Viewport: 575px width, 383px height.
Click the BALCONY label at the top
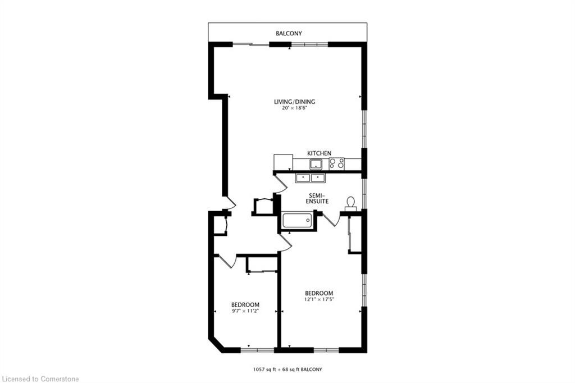(288, 34)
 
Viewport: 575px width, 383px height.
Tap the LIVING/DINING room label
(294, 102)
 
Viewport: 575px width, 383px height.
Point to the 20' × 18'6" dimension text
(294, 108)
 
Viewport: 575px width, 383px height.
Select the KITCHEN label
(319, 153)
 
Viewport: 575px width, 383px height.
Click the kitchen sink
(316, 164)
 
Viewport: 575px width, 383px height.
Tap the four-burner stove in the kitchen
(336, 163)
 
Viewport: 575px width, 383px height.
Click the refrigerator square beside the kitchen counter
(283, 162)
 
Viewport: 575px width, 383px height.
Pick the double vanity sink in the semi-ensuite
(311, 178)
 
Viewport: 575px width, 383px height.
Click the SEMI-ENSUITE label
(317, 197)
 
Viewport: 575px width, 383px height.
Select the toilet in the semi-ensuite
(351, 203)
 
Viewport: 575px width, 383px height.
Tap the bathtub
(297, 220)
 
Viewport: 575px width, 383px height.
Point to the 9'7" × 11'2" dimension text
(245, 311)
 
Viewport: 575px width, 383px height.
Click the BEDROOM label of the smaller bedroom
(245, 304)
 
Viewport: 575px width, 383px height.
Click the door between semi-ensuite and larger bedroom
(330, 219)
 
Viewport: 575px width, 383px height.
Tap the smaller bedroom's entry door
(227, 261)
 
